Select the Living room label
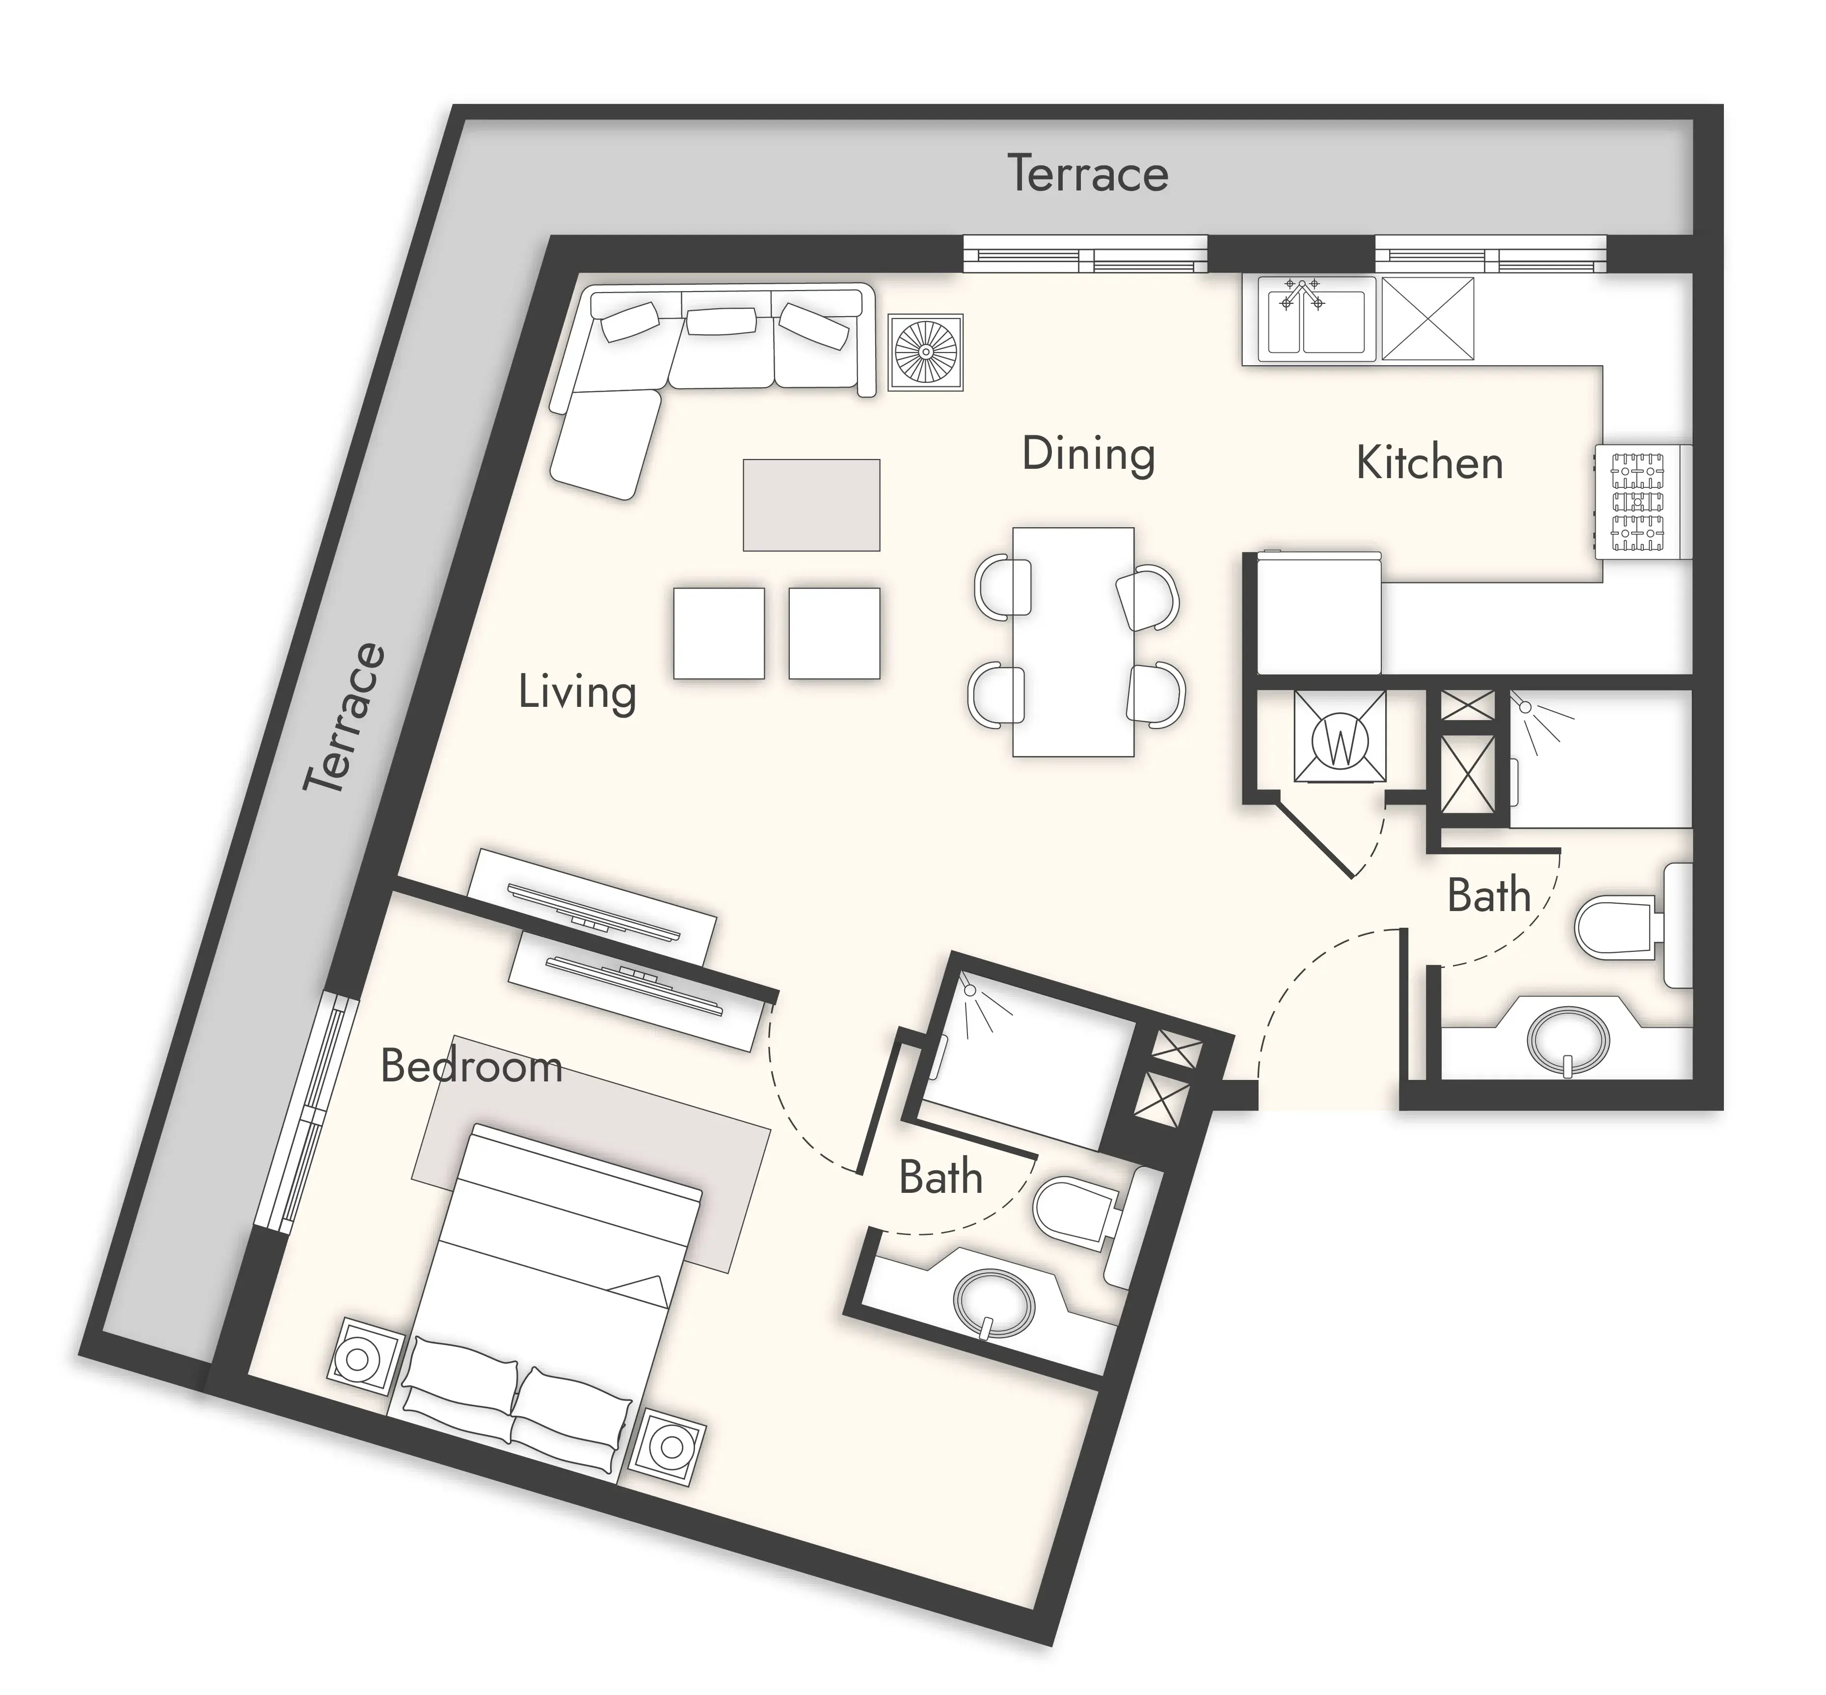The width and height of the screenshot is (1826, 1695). pos(577,693)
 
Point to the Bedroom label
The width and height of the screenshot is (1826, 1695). pos(470,1066)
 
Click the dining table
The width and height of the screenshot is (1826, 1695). pos(1073,642)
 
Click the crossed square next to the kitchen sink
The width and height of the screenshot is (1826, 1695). pos(1428,318)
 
